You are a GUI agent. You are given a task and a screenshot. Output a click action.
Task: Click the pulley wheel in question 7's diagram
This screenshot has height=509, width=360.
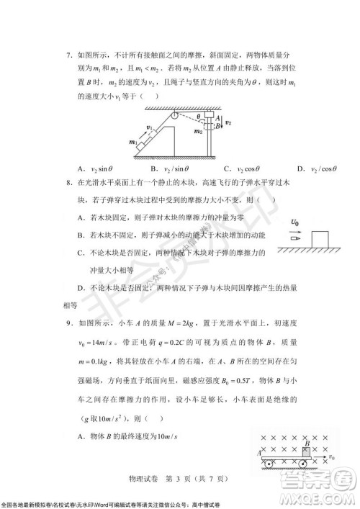(x=173, y=114)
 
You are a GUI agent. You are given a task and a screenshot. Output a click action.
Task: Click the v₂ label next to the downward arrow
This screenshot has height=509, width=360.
(x=229, y=123)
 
